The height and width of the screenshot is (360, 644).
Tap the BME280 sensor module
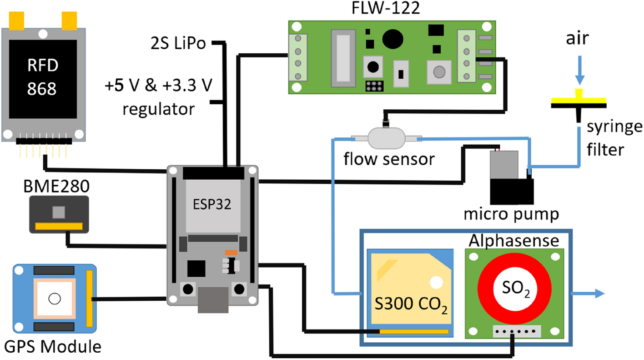(59, 214)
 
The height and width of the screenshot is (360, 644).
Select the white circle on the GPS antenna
(55, 299)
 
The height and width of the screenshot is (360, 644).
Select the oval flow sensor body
(386, 137)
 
